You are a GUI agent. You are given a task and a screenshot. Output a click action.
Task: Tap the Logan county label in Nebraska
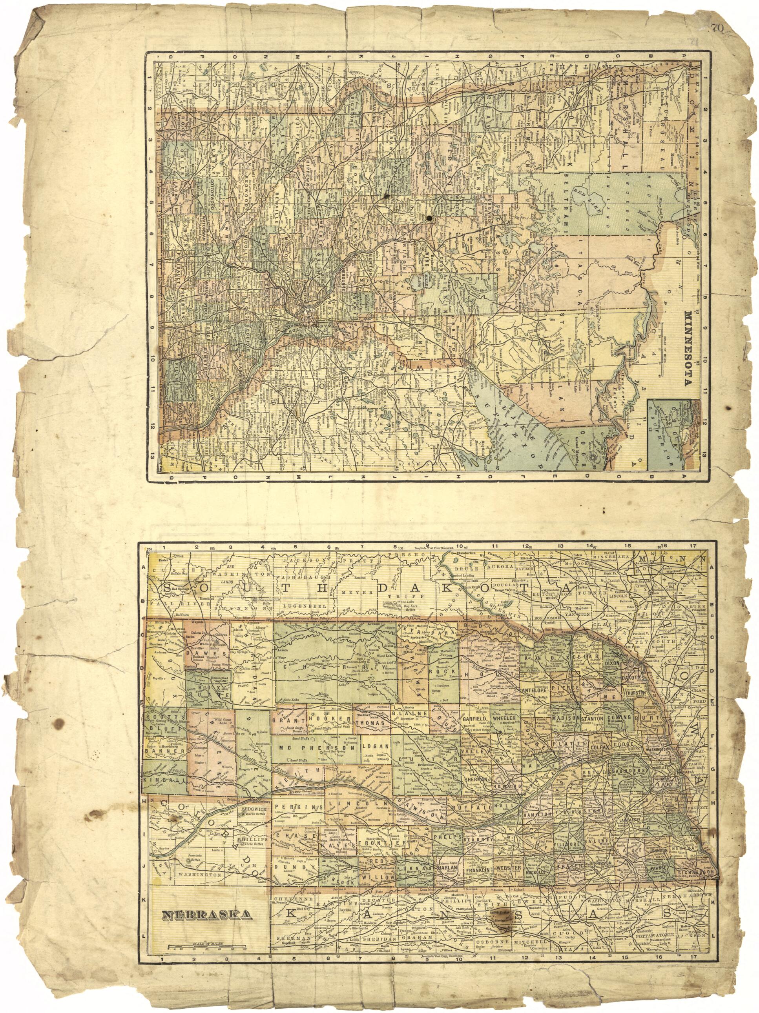[x=377, y=746]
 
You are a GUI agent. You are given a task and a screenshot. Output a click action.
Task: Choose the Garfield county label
[x=474, y=718]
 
